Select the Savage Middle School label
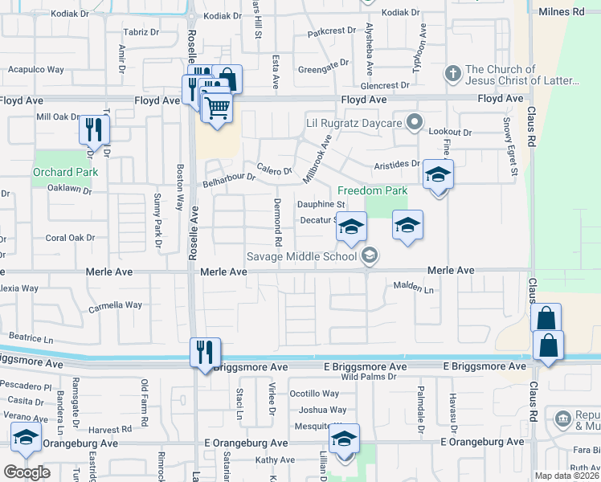pyautogui.click(x=301, y=256)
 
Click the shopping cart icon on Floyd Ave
pyautogui.click(x=217, y=107)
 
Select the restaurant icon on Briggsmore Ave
pyautogui.click(x=204, y=352)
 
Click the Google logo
pyautogui.click(x=27, y=472)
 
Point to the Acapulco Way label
pyautogui.click(x=35, y=69)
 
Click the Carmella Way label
pyautogui.click(x=115, y=306)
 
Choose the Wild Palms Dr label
pyautogui.click(x=369, y=376)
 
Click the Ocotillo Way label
pyautogui.click(x=314, y=394)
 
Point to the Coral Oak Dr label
pyautogui.click(x=70, y=238)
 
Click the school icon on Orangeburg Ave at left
pyautogui.click(x=26, y=439)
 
